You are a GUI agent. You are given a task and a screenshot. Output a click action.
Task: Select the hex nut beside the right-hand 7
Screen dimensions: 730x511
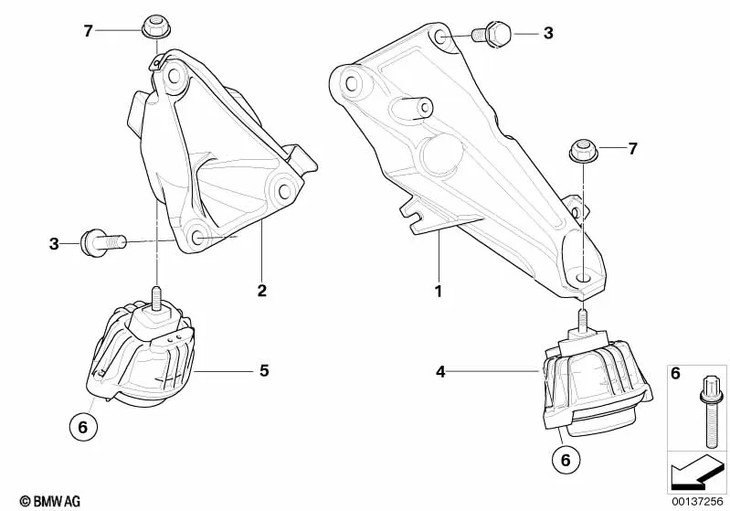[x=583, y=151]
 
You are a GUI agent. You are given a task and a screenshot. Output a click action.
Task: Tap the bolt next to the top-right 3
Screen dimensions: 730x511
[x=492, y=33]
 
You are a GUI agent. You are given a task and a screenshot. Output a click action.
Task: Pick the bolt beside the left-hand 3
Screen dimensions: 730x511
[x=102, y=241]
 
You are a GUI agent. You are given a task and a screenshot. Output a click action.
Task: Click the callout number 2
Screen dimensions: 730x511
[x=262, y=291]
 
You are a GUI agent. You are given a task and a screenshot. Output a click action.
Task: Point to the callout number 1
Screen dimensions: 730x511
[x=438, y=292]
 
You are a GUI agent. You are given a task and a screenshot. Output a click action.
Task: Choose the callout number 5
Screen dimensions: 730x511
[x=264, y=371]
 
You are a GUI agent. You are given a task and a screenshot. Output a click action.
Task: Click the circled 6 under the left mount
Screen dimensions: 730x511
[x=83, y=427]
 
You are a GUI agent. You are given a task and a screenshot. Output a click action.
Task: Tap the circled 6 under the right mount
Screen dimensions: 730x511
[x=566, y=460]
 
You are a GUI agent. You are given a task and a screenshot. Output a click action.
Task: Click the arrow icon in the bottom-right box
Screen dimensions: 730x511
[x=697, y=472]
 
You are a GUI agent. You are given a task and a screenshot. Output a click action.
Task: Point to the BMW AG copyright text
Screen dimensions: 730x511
[x=50, y=501]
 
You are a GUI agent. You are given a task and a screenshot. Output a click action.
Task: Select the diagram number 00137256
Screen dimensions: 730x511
[x=697, y=501]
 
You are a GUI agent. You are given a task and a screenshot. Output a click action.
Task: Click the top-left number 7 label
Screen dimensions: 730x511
[x=89, y=31]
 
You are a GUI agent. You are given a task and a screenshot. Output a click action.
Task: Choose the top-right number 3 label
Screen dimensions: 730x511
[x=548, y=33]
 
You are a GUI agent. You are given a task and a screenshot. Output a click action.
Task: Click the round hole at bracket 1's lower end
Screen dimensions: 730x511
[x=582, y=278]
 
